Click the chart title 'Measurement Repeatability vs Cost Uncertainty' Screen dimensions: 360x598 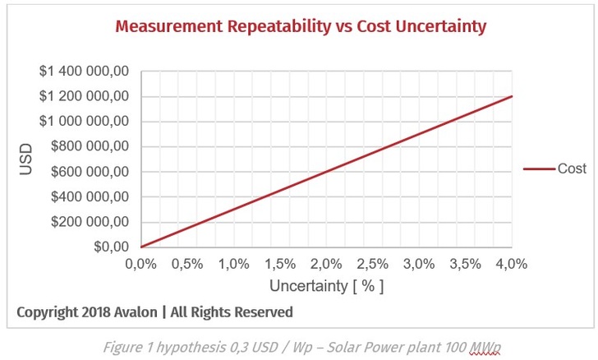tap(301, 26)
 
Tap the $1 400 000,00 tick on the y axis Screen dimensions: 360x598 tap(84, 72)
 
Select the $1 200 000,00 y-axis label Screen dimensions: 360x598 tap(84, 96)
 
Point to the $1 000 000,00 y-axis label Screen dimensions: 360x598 tap(84, 122)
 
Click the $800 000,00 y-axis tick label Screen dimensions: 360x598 tap(90, 147)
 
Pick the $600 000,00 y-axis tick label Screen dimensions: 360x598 tap(90, 172)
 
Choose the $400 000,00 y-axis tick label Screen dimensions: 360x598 tap(90, 197)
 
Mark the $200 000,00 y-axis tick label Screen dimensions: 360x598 tap(90, 222)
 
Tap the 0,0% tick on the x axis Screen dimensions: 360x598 tap(140, 264)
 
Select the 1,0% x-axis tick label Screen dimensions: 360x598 tap(233, 264)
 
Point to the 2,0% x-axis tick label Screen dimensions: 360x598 tap(326, 264)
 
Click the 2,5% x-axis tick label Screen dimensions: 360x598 tap(373, 264)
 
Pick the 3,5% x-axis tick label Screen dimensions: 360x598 tap(466, 264)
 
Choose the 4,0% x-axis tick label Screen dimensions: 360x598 tap(511, 264)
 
